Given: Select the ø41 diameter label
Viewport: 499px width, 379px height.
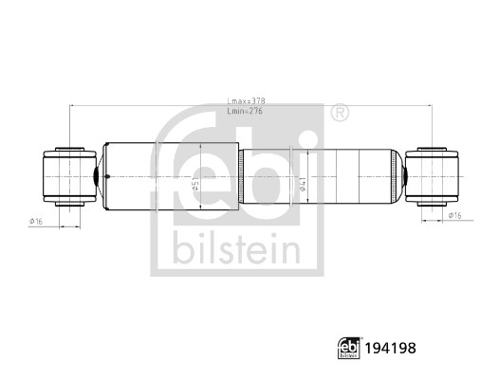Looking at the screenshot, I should tap(301, 187).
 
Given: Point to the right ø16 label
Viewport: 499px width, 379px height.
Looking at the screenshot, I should tap(456, 216).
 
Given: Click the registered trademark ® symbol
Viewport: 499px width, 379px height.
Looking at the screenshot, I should tap(339, 115).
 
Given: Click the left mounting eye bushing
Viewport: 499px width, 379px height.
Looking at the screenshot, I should tap(68, 176).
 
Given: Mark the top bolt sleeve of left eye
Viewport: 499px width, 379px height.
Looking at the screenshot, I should tap(69, 150).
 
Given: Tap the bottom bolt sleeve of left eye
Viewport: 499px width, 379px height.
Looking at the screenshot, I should tap(69, 203).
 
